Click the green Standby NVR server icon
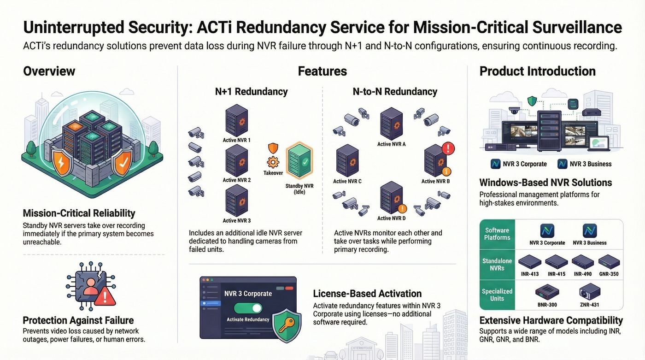299,161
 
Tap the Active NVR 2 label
237,180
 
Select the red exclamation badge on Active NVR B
448,148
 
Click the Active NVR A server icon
391,124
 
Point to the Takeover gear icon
273,162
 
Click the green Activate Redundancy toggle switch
248,308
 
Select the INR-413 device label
530,274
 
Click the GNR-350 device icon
609,261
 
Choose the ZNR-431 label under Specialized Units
589,305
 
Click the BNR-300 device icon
547,292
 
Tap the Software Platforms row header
497,234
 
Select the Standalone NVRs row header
497,265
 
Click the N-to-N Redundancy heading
395,92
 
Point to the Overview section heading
49,71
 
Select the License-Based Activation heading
367,294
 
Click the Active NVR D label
391,218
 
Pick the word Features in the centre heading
322,71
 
